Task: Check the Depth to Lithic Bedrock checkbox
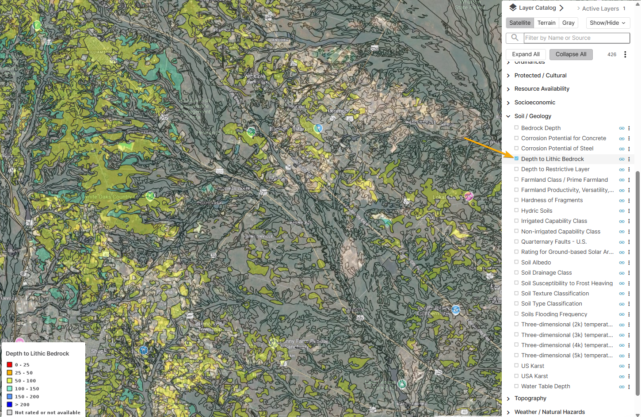click(x=516, y=159)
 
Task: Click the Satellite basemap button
click(x=519, y=23)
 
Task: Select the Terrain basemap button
click(x=546, y=23)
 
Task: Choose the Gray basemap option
click(x=568, y=23)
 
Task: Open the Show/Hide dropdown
click(x=607, y=23)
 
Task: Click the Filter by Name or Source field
click(x=576, y=38)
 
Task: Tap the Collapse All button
click(x=571, y=54)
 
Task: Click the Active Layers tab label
click(x=600, y=8)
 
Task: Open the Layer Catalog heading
click(x=537, y=8)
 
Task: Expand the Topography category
click(x=530, y=398)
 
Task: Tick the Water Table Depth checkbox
click(x=516, y=386)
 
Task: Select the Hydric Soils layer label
click(x=536, y=211)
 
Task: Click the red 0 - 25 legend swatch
click(x=9, y=365)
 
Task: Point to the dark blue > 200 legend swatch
click(x=9, y=405)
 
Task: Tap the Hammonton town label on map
click(x=342, y=111)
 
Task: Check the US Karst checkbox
click(x=516, y=366)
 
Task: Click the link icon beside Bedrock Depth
click(x=622, y=128)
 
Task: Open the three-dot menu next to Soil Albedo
click(x=629, y=263)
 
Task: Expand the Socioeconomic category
click(x=534, y=103)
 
